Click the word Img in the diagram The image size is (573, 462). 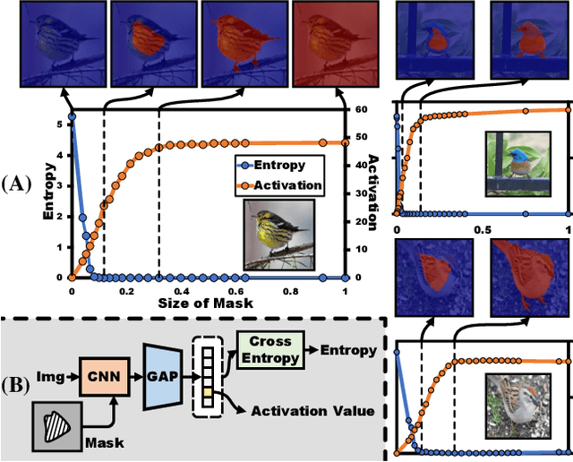tap(48, 369)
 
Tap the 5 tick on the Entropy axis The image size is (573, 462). tap(58, 124)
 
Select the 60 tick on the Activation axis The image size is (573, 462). tap(362, 109)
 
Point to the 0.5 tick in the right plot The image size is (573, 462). tap(483, 230)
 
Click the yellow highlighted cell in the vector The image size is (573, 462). tap(207, 393)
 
